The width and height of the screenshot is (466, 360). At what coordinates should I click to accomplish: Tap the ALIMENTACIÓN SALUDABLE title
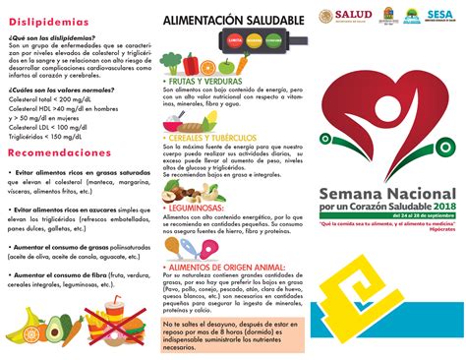(x=226, y=20)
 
